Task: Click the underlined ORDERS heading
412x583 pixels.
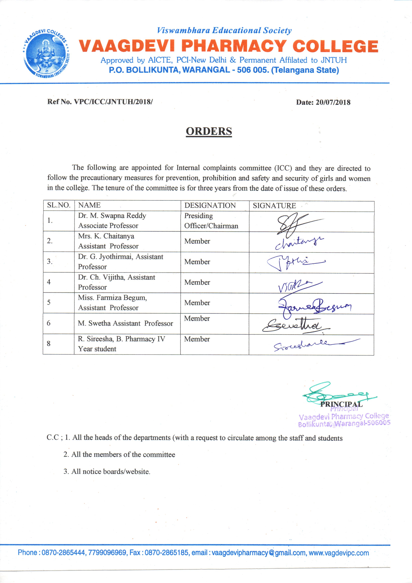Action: pyautogui.click(x=209, y=131)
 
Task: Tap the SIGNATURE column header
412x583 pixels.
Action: pyautogui.click(x=274, y=205)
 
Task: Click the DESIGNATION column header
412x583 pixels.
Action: pyautogui.click(x=210, y=205)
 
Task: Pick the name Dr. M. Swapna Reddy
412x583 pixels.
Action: pyautogui.click(x=112, y=216)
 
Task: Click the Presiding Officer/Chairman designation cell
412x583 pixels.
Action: pyautogui.click(x=211, y=221)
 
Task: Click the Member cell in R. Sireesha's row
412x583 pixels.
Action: pyautogui.click(x=197, y=339)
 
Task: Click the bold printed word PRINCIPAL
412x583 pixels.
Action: pyautogui.click(x=341, y=404)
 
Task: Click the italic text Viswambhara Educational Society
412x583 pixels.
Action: pyautogui.click(x=224, y=30)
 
